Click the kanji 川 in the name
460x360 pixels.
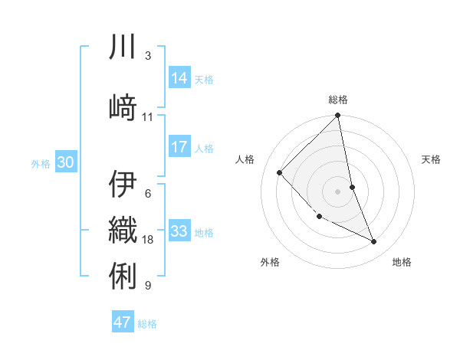(x=123, y=47)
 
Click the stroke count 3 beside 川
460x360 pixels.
(x=147, y=56)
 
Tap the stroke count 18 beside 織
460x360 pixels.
(x=148, y=240)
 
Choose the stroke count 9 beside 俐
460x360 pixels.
(x=147, y=286)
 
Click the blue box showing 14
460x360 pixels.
(x=179, y=77)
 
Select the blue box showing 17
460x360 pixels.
(x=179, y=147)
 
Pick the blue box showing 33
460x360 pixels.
(x=179, y=231)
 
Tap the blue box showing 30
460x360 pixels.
(x=65, y=162)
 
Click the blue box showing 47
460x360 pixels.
(x=122, y=322)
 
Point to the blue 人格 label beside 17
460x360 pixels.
(x=204, y=148)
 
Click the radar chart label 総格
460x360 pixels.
(x=337, y=100)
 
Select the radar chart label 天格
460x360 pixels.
(x=431, y=159)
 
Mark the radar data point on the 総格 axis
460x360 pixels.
(x=337, y=116)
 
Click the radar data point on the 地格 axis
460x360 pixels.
(x=374, y=242)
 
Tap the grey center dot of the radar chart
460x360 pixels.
(x=337, y=191)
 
